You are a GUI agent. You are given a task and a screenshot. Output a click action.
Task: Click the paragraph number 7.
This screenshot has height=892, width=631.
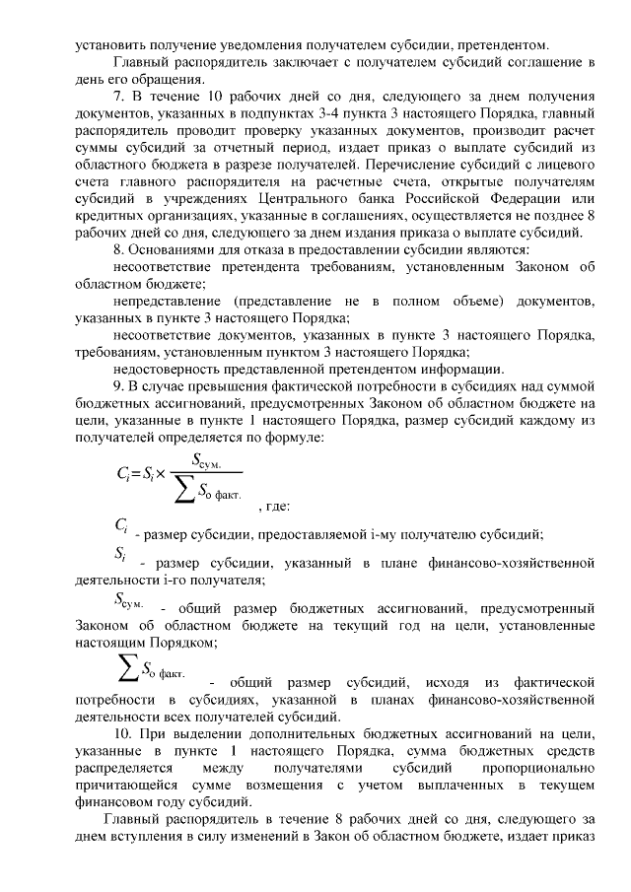(119, 99)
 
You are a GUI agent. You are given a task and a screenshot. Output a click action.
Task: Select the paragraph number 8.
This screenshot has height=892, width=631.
(119, 250)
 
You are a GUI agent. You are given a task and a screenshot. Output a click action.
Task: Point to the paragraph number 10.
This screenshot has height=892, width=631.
(123, 734)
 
